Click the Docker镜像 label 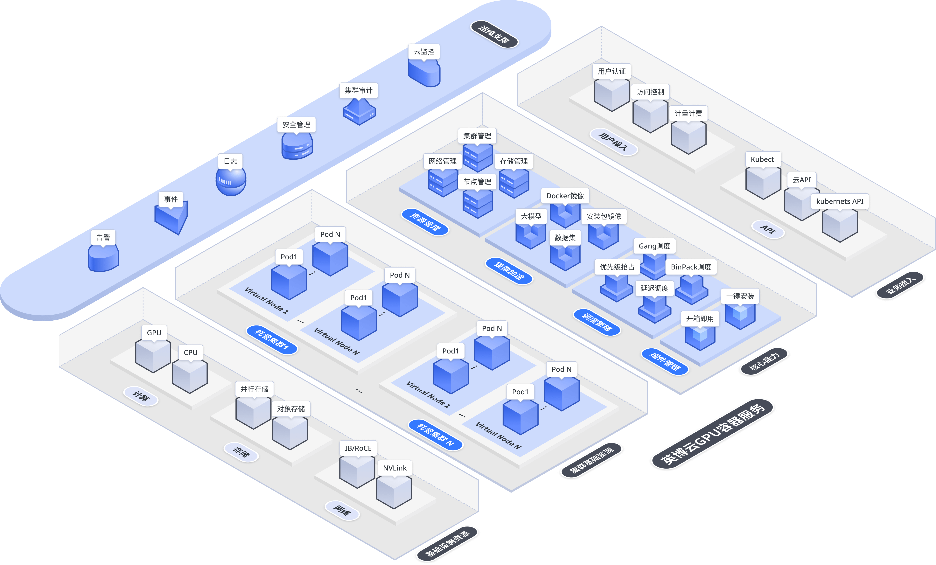565,196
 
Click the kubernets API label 840,201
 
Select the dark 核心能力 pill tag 764,361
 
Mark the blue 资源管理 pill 425,222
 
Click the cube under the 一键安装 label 740,315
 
